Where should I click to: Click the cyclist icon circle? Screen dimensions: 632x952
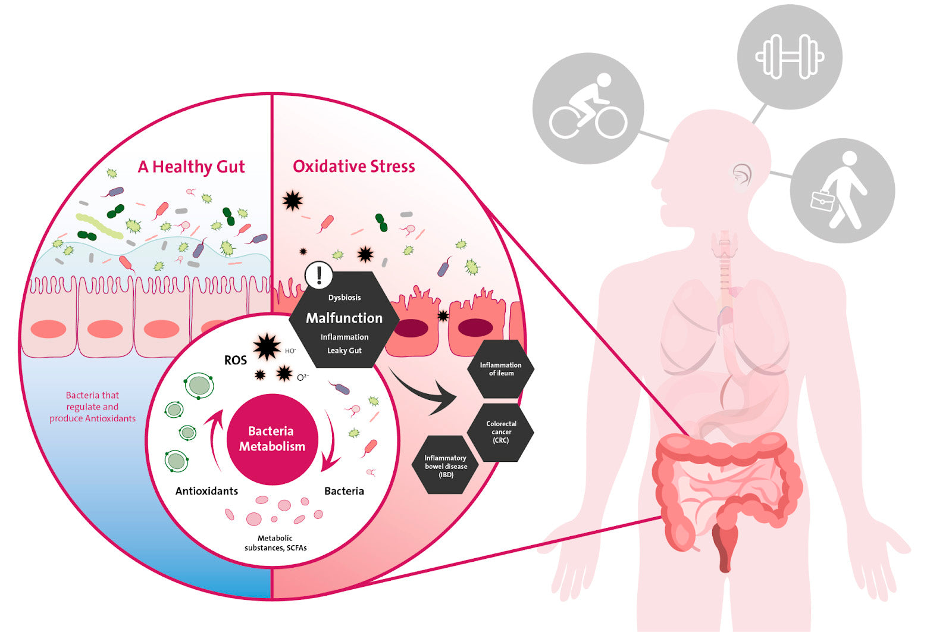tap(588, 108)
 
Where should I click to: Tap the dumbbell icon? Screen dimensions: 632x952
tap(789, 57)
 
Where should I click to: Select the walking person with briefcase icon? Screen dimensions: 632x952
tap(842, 190)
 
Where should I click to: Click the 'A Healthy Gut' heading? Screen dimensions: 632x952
tap(191, 167)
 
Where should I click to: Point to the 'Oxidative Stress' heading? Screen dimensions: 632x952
tap(353, 167)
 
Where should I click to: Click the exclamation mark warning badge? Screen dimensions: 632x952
tap(319, 275)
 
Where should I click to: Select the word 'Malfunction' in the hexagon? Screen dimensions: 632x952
tap(344, 318)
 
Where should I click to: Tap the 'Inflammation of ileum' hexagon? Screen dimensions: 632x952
tap(500, 369)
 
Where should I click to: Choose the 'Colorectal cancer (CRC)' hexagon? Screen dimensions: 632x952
tap(501, 432)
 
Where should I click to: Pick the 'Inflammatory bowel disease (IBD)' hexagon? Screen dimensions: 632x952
tap(446, 466)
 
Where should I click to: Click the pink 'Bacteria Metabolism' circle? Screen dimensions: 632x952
tap(272, 439)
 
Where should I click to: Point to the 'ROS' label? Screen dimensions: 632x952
tap(235, 361)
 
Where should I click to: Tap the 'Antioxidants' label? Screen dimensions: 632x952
tap(206, 491)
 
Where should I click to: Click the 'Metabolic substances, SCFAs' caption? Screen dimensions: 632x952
tap(275, 543)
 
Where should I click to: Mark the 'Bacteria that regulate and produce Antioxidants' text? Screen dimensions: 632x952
tap(92, 407)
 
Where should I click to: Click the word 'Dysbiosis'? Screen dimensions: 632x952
tap(345, 298)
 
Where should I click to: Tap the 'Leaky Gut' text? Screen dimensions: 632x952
tap(344, 351)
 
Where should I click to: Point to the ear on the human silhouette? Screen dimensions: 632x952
tap(741, 176)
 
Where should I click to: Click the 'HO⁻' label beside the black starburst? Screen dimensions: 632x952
tap(290, 351)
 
